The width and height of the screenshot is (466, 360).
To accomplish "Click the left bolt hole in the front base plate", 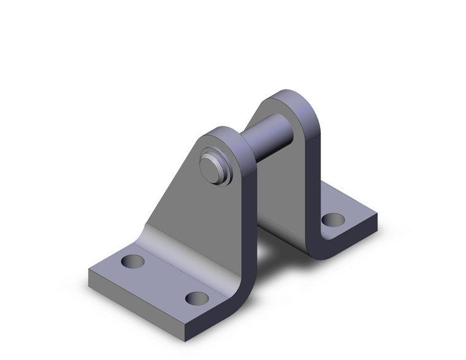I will point(133,262).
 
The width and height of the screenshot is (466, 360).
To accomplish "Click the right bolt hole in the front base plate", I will point(197,299).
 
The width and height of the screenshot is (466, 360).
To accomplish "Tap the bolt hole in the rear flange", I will point(333,218).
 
